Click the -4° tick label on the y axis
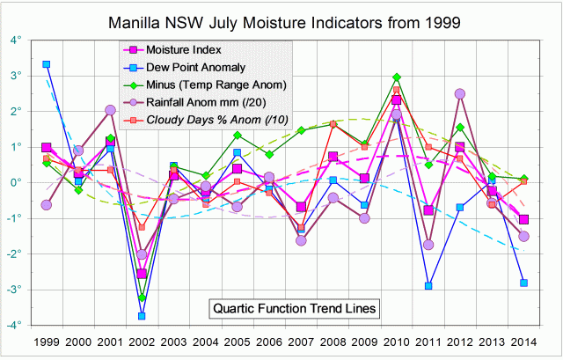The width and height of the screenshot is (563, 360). [15, 325]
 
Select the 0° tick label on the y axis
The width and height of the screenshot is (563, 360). [17, 182]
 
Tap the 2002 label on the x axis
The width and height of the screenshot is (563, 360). [142, 341]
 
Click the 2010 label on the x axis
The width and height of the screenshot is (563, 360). [397, 341]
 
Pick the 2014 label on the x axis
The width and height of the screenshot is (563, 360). [524, 341]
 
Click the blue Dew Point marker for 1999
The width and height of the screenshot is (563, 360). [46, 64]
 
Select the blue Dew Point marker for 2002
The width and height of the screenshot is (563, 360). [142, 316]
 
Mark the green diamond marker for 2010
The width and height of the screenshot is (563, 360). [397, 77]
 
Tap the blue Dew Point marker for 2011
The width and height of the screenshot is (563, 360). [428, 286]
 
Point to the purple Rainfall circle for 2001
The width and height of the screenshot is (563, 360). [110, 110]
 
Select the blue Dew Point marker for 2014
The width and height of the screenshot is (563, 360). [524, 283]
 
